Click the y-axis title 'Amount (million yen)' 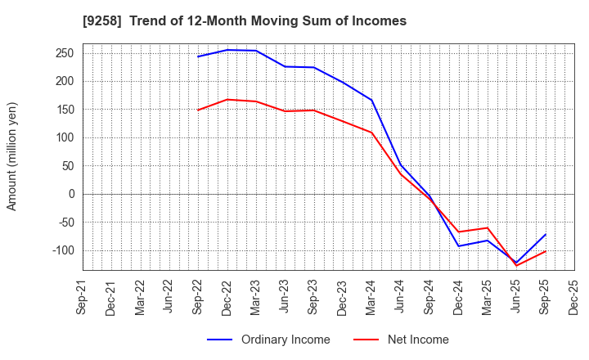12,156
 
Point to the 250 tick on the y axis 66,53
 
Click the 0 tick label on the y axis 72,194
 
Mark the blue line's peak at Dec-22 227,50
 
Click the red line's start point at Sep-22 199,110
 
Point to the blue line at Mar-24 372,100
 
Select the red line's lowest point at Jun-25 516,266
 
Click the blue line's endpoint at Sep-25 545,235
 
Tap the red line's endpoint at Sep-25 545,251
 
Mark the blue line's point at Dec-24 459,246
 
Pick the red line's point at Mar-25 488,227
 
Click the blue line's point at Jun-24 401,165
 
